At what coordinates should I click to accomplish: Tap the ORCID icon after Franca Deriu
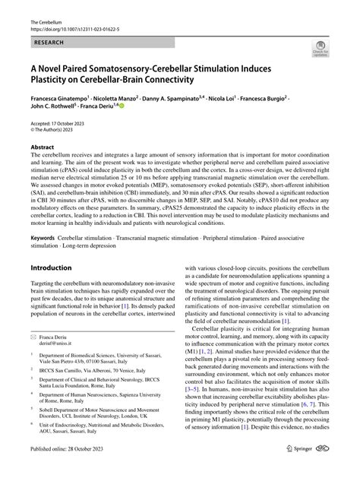pyautogui.click(x=120, y=109)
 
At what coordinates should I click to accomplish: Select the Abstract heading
pyautogui.click(x=42, y=147)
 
